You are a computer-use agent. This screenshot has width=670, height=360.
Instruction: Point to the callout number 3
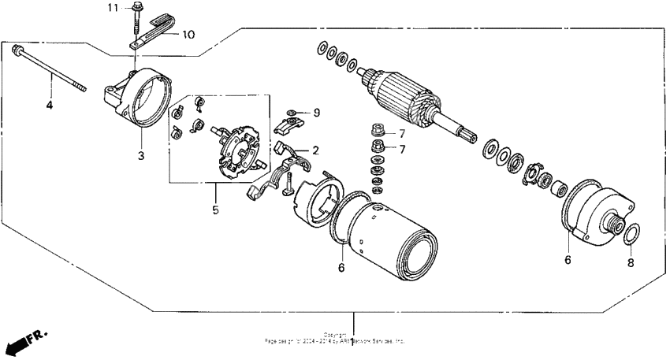click(x=141, y=156)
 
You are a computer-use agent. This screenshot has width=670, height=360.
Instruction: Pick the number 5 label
click(x=216, y=210)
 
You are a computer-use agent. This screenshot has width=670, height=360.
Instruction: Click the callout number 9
click(x=316, y=113)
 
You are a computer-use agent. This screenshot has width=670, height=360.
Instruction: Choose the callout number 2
click(x=315, y=150)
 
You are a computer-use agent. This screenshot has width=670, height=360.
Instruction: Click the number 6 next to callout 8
click(x=567, y=259)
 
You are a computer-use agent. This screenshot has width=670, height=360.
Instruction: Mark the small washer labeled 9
click(x=292, y=113)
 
